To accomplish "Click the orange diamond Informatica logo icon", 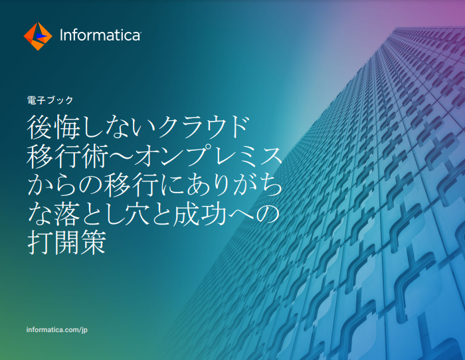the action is (x=38, y=36).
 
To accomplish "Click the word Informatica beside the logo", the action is (x=100, y=35).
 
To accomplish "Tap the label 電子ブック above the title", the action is (x=50, y=100).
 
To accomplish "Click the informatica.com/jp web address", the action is (x=57, y=330).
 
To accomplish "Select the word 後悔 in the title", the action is (x=54, y=128).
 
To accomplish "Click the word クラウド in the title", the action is (x=203, y=128).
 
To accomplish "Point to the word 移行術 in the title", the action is (x=66, y=156).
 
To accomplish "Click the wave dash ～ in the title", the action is (x=121, y=156).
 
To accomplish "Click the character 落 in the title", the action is (x=66, y=213).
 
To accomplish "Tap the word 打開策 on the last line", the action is (x=66, y=242).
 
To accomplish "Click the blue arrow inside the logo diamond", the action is (x=41, y=36).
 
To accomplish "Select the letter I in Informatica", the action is (x=61, y=35).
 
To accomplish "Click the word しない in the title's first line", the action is (x=119, y=128).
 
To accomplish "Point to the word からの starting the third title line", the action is (x=64, y=185).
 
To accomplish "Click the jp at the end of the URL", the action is (x=84, y=330).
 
